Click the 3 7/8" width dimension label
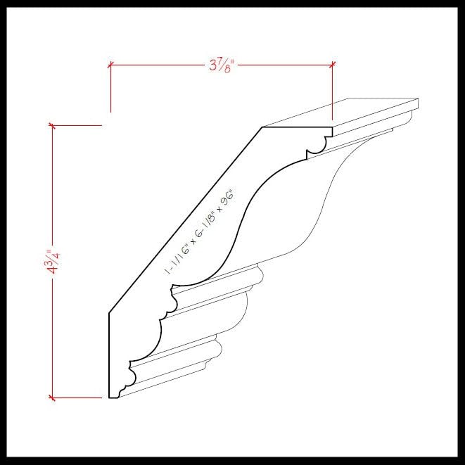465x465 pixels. click(x=221, y=65)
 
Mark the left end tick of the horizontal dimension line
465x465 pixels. click(x=110, y=65)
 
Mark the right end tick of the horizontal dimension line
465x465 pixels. click(x=332, y=65)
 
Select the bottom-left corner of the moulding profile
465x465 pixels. click(x=109, y=397)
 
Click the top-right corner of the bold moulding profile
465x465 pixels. click(x=332, y=127)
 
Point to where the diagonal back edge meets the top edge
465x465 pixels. click(x=262, y=127)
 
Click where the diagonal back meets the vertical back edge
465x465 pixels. click(x=109, y=313)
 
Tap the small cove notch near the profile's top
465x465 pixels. click(x=317, y=146)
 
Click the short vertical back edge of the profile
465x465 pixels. click(x=109, y=355)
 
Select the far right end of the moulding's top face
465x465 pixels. click(x=418, y=104)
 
